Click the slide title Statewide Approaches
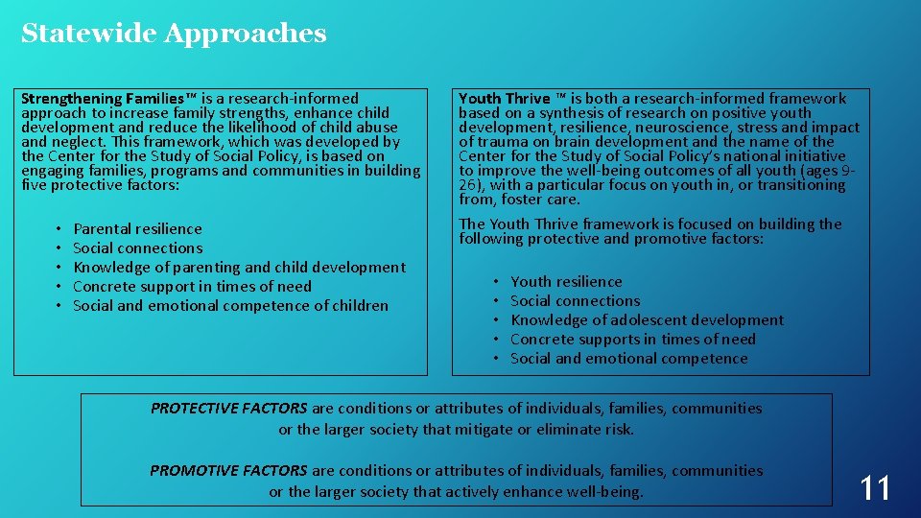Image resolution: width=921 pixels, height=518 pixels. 174,34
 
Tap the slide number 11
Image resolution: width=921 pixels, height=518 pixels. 875,488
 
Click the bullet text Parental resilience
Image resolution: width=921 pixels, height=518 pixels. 137,229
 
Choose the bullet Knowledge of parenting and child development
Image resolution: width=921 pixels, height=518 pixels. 239,268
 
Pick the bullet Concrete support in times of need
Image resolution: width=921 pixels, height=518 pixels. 192,287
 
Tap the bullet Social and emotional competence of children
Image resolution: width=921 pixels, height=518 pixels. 230,306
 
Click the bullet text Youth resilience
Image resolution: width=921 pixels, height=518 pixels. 566,282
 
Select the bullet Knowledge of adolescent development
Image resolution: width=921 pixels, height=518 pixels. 647,320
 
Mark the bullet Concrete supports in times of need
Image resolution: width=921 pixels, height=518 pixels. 633,340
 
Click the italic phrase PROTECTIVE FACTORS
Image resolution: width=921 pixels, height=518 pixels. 229,409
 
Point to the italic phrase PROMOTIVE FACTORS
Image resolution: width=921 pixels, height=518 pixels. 228,471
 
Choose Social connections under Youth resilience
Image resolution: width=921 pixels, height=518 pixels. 576,301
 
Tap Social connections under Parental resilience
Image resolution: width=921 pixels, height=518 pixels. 138,248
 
